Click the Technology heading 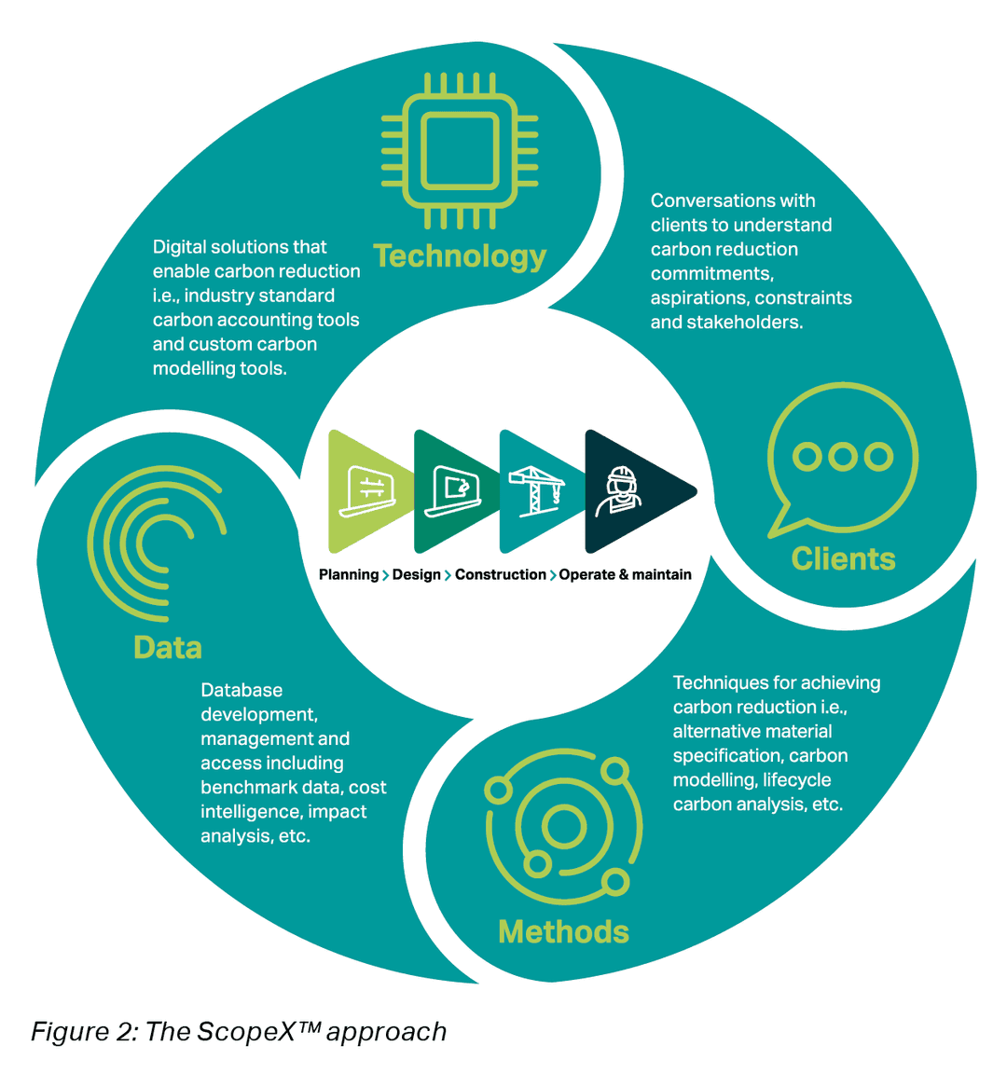460,255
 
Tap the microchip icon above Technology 460,150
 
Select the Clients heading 843,558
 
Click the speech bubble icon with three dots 842,458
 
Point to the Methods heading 563,931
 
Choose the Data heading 168,647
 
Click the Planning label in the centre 349,574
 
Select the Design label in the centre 416,574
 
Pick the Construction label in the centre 500,574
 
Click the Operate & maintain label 625,574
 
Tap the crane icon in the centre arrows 536,490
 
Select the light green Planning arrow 364,490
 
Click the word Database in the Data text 241,691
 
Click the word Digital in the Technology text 181,247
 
